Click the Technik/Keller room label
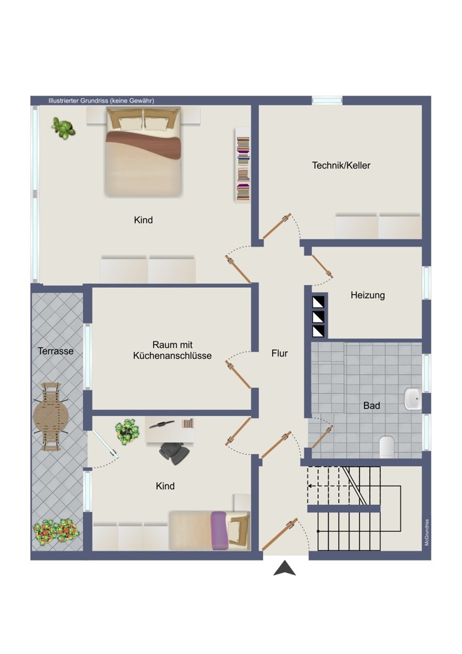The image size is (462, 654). pos(341,165)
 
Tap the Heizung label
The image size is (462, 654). pos(368,296)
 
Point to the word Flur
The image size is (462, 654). pos(279,353)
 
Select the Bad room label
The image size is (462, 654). pos(372,405)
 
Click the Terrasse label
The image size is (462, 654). pos(56,351)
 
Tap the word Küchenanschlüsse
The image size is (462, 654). pos(172,356)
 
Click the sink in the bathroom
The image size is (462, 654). pos(412,399)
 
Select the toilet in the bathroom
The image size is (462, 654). pos(387,447)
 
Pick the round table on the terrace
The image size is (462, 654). pos(50,416)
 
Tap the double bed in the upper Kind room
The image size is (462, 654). pos(143,152)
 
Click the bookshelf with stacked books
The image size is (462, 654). pos(243,164)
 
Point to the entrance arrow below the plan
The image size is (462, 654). pos(285,569)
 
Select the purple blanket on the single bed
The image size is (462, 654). pos(219,530)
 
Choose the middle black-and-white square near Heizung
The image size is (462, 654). pos(319,317)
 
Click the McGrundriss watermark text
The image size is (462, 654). pos(427,532)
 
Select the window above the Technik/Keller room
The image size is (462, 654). pos(327,100)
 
